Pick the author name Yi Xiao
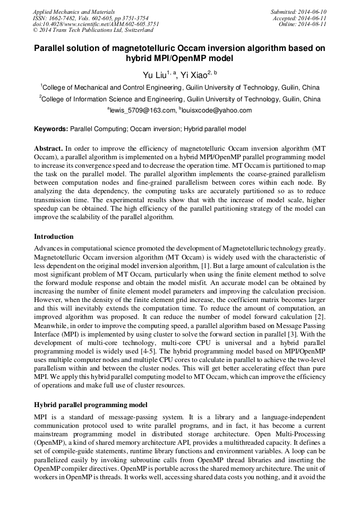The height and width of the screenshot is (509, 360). pos(194,75)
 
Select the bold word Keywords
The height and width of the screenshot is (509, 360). pos(51,129)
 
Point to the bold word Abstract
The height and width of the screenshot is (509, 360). pos(48,148)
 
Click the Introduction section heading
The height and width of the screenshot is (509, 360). pos(54,237)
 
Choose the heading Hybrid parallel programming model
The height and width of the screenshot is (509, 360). pos(93,405)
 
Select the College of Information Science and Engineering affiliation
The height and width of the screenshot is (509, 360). pos(181,99)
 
